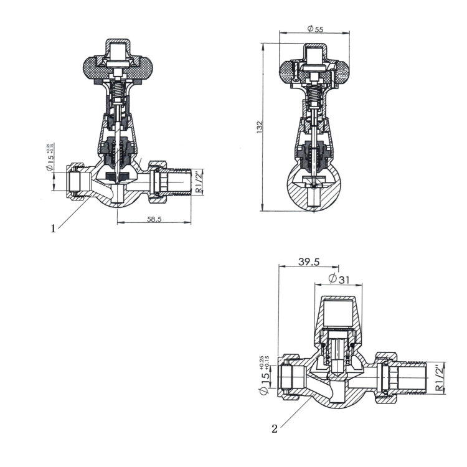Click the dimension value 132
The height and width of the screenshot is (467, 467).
click(x=260, y=126)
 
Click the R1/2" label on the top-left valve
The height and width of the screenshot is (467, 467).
click(x=199, y=182)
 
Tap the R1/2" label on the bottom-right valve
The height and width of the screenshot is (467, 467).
click(x=440, y=378)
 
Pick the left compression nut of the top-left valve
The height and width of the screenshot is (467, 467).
click(x=75, y=182)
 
